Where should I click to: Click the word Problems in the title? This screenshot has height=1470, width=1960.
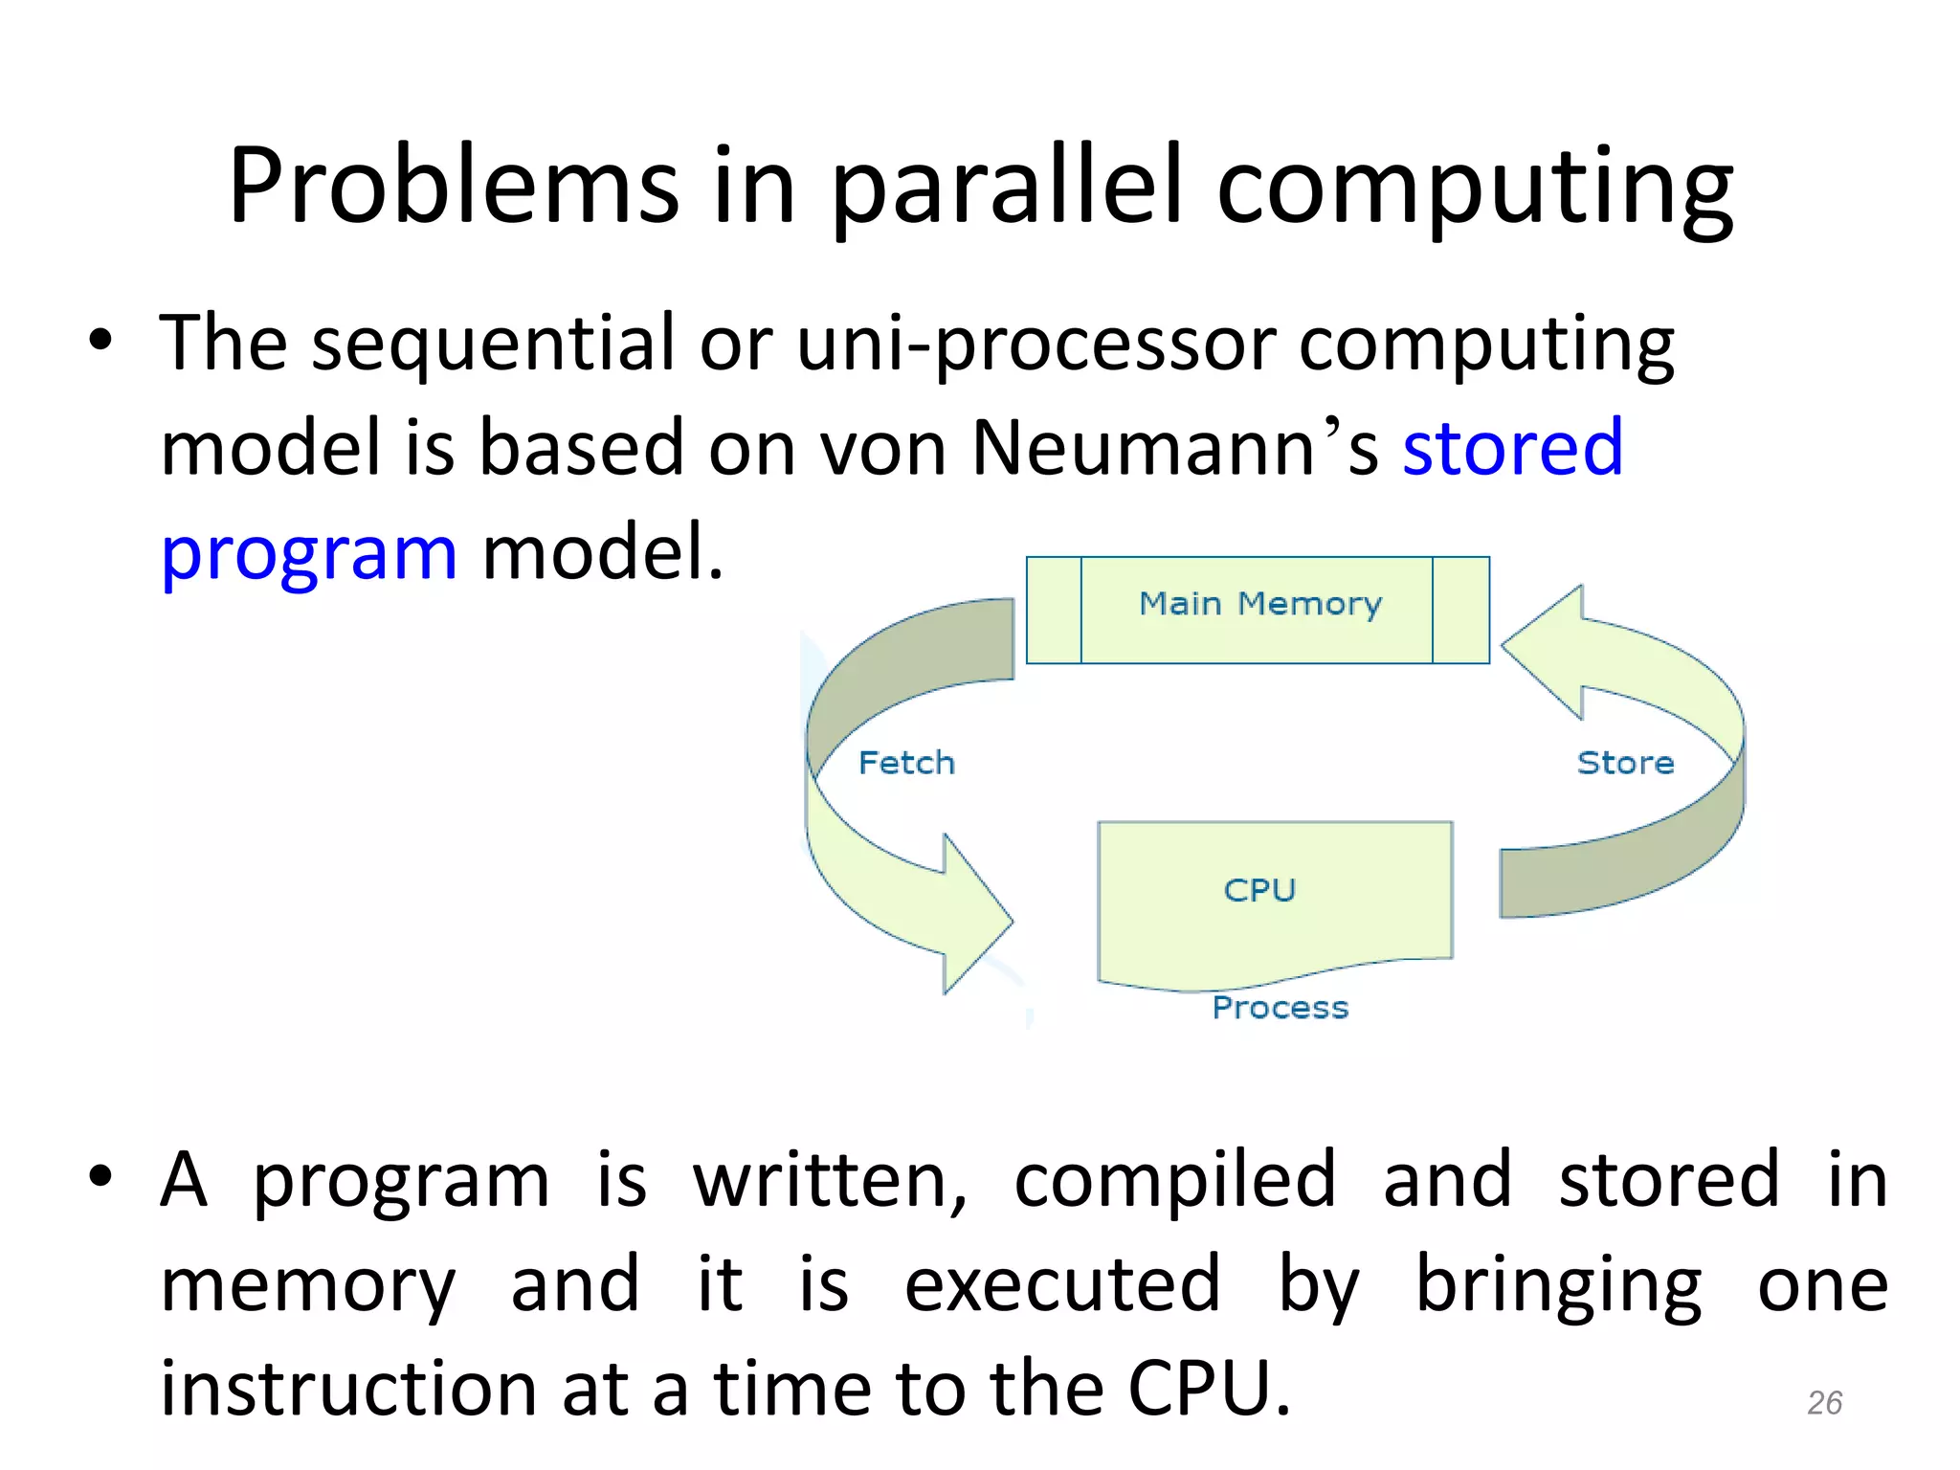(x=453, y=187)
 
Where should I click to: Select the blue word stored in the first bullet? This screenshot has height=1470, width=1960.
(x=1512, y=448)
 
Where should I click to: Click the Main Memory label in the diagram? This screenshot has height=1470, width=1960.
(x=1259, y=605)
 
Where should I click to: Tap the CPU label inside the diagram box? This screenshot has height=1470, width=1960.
(x=1259, y=890)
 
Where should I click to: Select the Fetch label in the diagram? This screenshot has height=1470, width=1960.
(x=906, y=763)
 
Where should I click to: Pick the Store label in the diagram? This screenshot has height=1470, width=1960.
(x=1625, y=763)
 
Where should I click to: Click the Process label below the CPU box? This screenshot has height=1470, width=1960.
(x=1280, y=1008)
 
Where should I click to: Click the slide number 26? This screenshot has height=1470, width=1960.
(x=1824, y=1403)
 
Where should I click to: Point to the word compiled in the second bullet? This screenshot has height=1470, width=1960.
(x=1174, y=1181)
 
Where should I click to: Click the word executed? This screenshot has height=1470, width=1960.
(x=1062, y=1285)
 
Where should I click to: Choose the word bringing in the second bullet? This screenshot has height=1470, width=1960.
(x=1558, y=1285)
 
